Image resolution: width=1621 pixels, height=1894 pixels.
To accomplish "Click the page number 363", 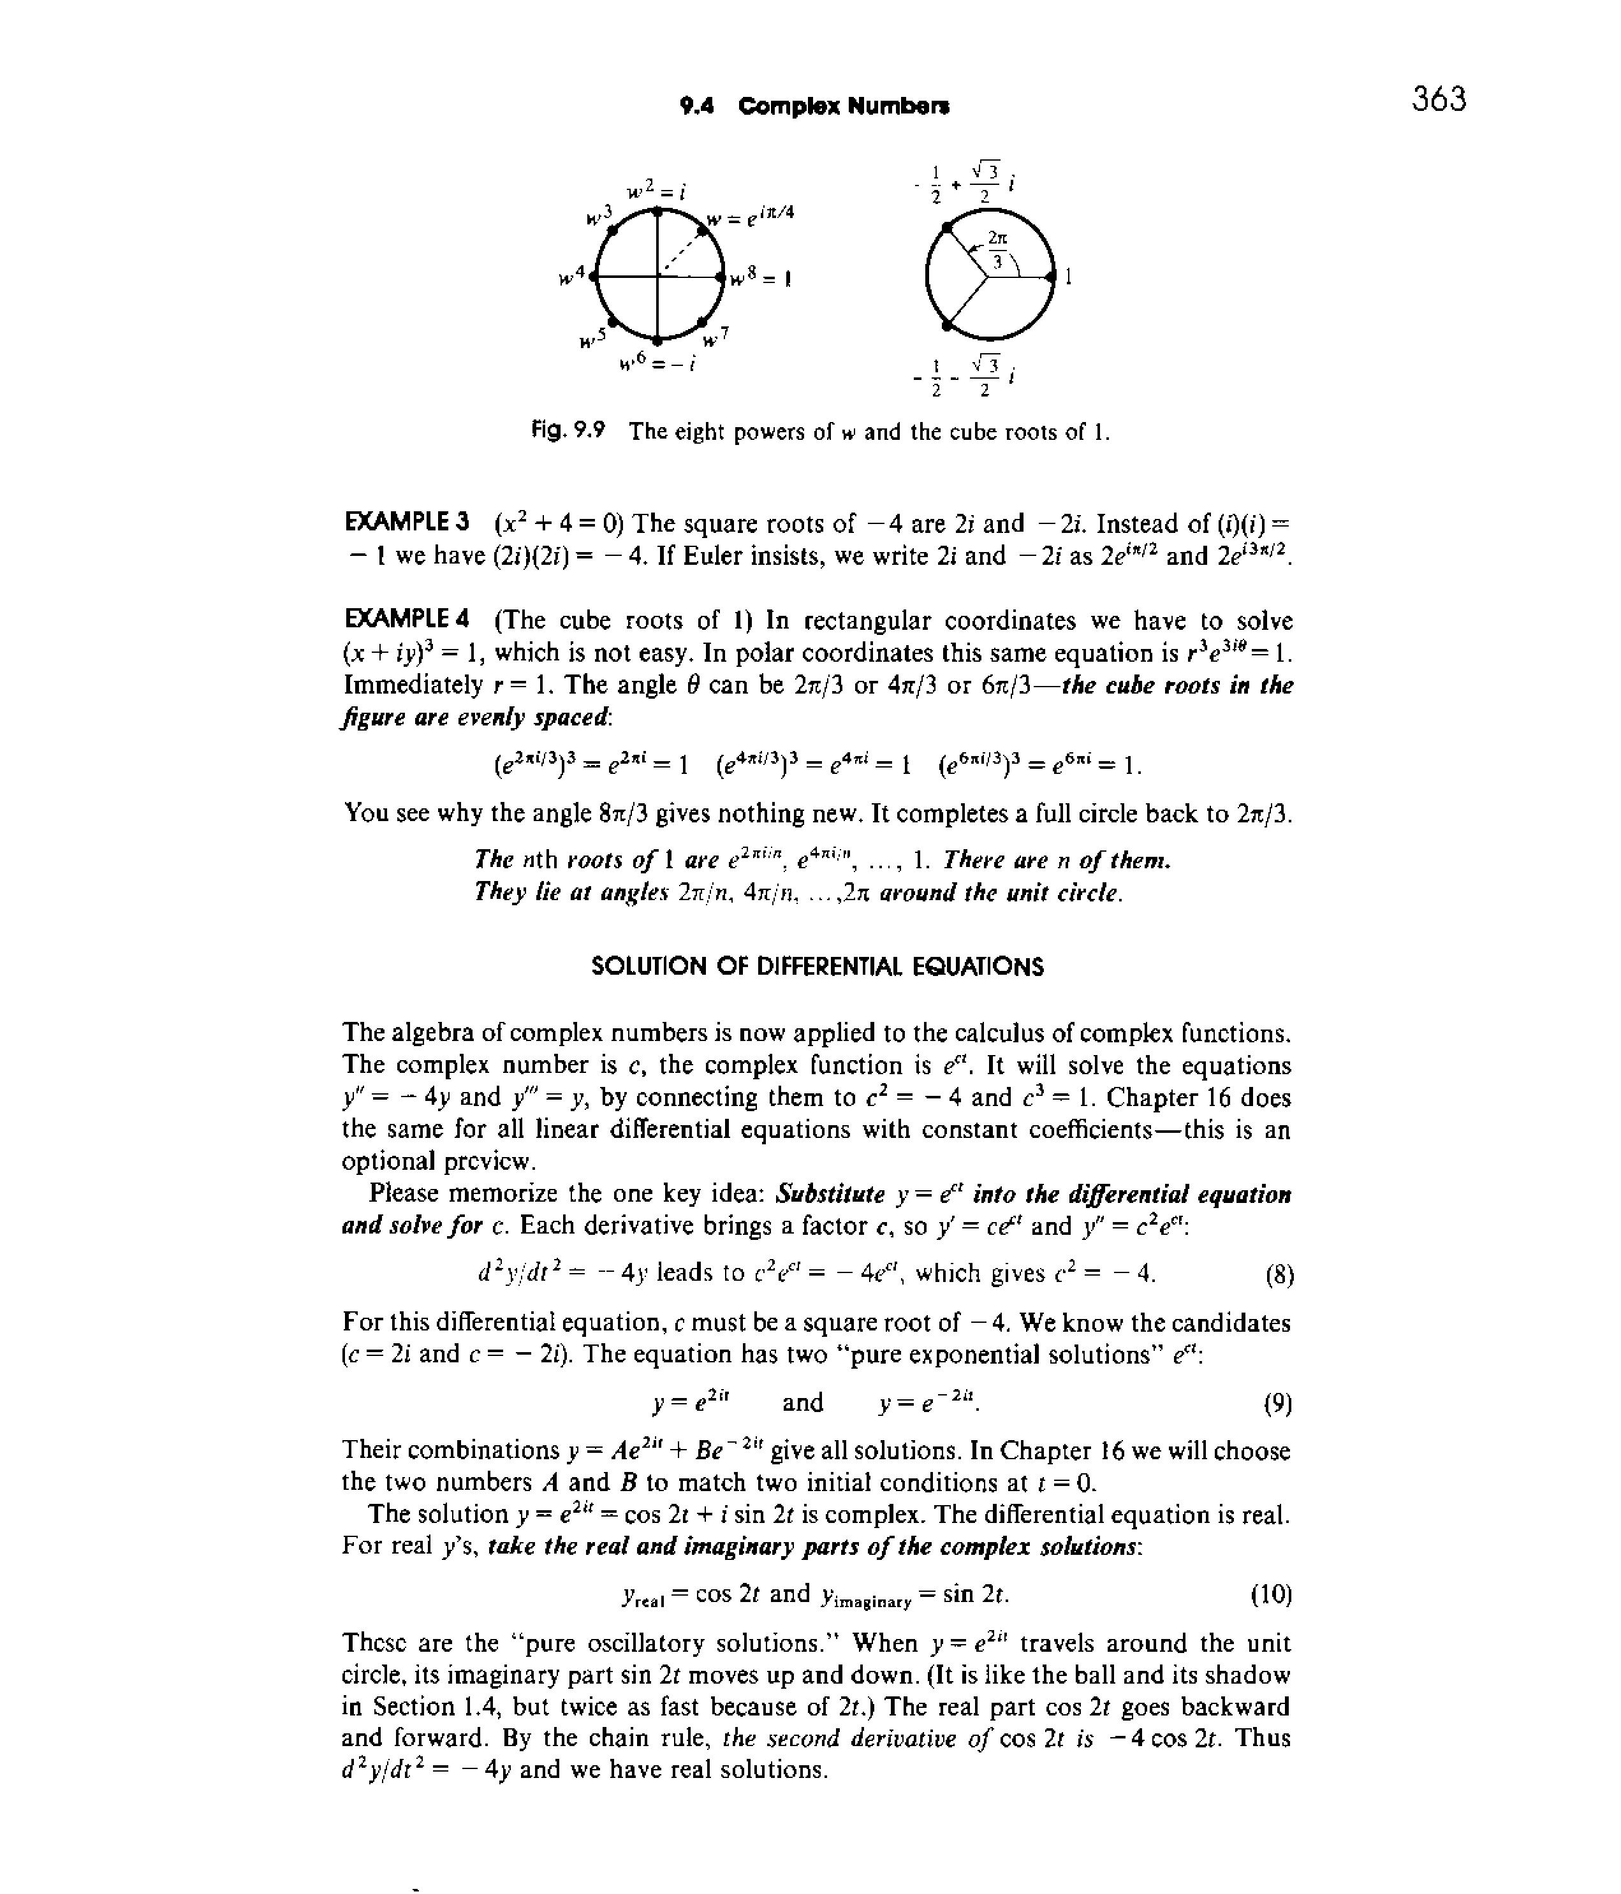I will coord(1438,99).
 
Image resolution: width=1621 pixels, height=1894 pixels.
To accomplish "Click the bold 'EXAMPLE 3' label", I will coord(407,523).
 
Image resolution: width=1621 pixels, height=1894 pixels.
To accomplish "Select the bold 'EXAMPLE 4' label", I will coord(407,620).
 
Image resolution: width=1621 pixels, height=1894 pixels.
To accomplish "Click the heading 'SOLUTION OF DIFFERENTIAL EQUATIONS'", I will coord(818,966).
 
